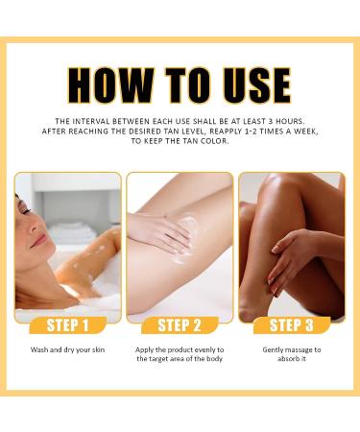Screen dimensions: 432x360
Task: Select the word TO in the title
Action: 180,85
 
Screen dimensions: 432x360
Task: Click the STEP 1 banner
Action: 68,324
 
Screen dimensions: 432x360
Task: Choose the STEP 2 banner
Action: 180,324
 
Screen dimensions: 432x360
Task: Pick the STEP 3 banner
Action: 291,324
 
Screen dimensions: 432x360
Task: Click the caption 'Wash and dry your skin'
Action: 68,349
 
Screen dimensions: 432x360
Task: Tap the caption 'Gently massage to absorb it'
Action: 291,355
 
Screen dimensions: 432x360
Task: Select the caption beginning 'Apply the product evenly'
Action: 180,355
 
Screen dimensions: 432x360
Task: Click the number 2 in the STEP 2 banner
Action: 200,324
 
